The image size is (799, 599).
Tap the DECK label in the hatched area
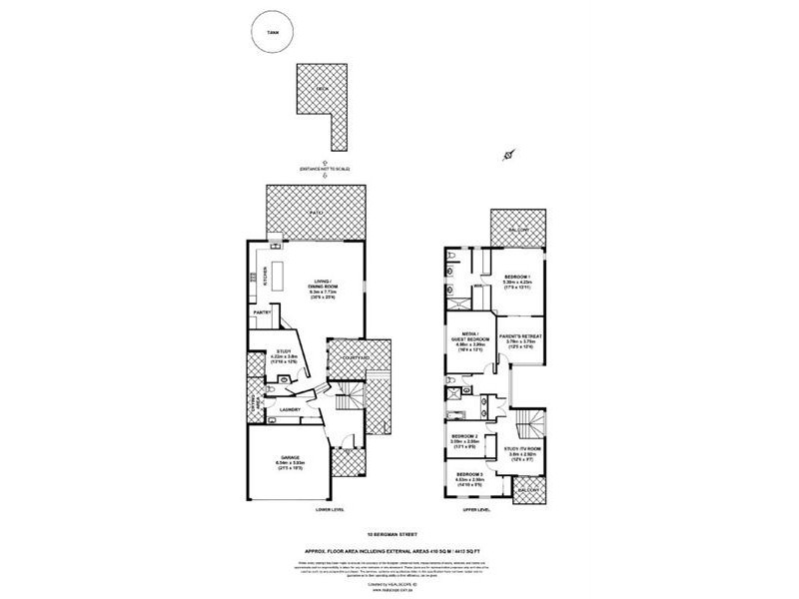pyautogui.click(x=321, y=89)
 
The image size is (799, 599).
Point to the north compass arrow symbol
pyautogui.click(x=510, y=155)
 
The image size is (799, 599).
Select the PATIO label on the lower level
pyautogui.click(x=318, y=214)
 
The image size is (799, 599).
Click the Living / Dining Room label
pyautogui.click(x=323, y=284)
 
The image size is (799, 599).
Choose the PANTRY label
pyautogui.click(x=263, y=313)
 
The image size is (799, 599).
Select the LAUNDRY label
pyautogui.click(x=291, y=409)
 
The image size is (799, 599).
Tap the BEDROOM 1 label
pyautogui.click(x=516, y=276)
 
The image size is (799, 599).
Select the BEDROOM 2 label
pyautogui.click(x=465, y=436)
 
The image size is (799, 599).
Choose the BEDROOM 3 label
pyautogui.click(x=470, y=474)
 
